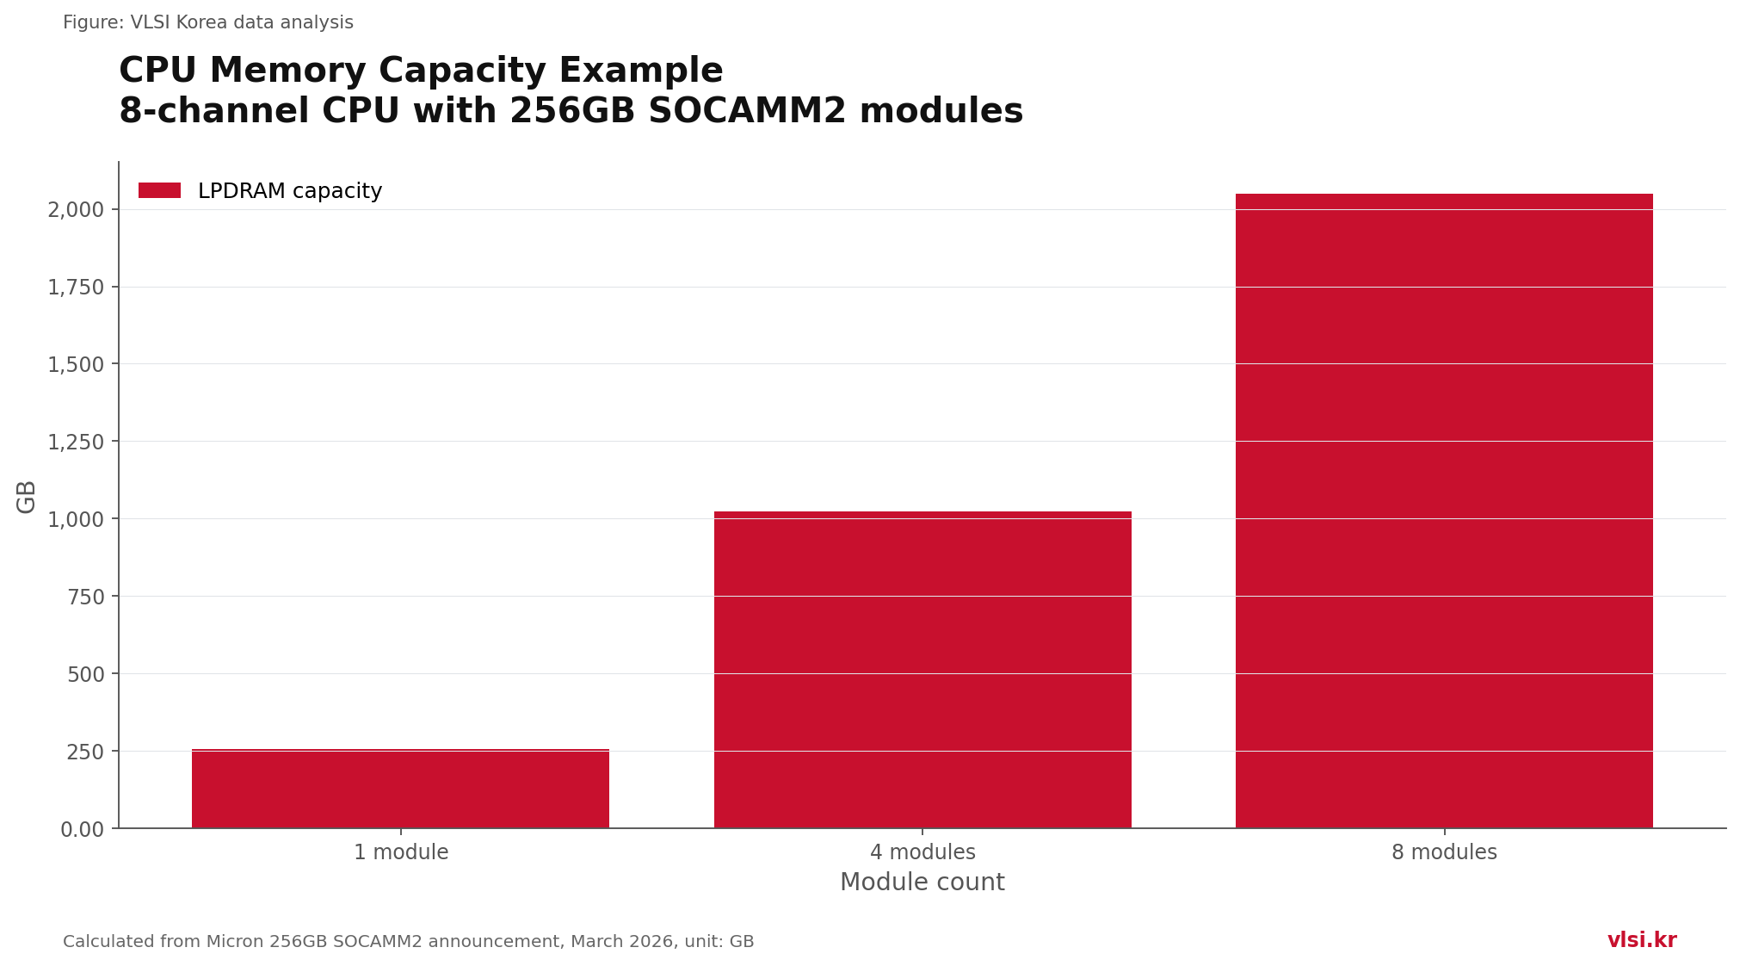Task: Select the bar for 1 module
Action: point(400,789)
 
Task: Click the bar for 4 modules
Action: point(922,670)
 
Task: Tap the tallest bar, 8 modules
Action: point(1444,511)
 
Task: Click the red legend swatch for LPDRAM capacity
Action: point(159,190)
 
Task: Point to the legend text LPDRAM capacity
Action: point(290,191)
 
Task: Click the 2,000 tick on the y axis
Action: point(76,210)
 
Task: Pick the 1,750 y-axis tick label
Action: point(76,288)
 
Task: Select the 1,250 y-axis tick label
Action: point(76,443)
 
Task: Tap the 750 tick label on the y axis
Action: point(86,597)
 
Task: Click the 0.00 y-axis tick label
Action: point(83,829)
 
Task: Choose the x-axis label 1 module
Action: point(401,852)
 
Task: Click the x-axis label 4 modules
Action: point(922,852)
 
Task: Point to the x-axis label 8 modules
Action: point(1444,852)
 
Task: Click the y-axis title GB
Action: point(27,497)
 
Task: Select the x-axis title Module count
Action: point(922,882)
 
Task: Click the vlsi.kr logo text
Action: point(1642,940)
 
